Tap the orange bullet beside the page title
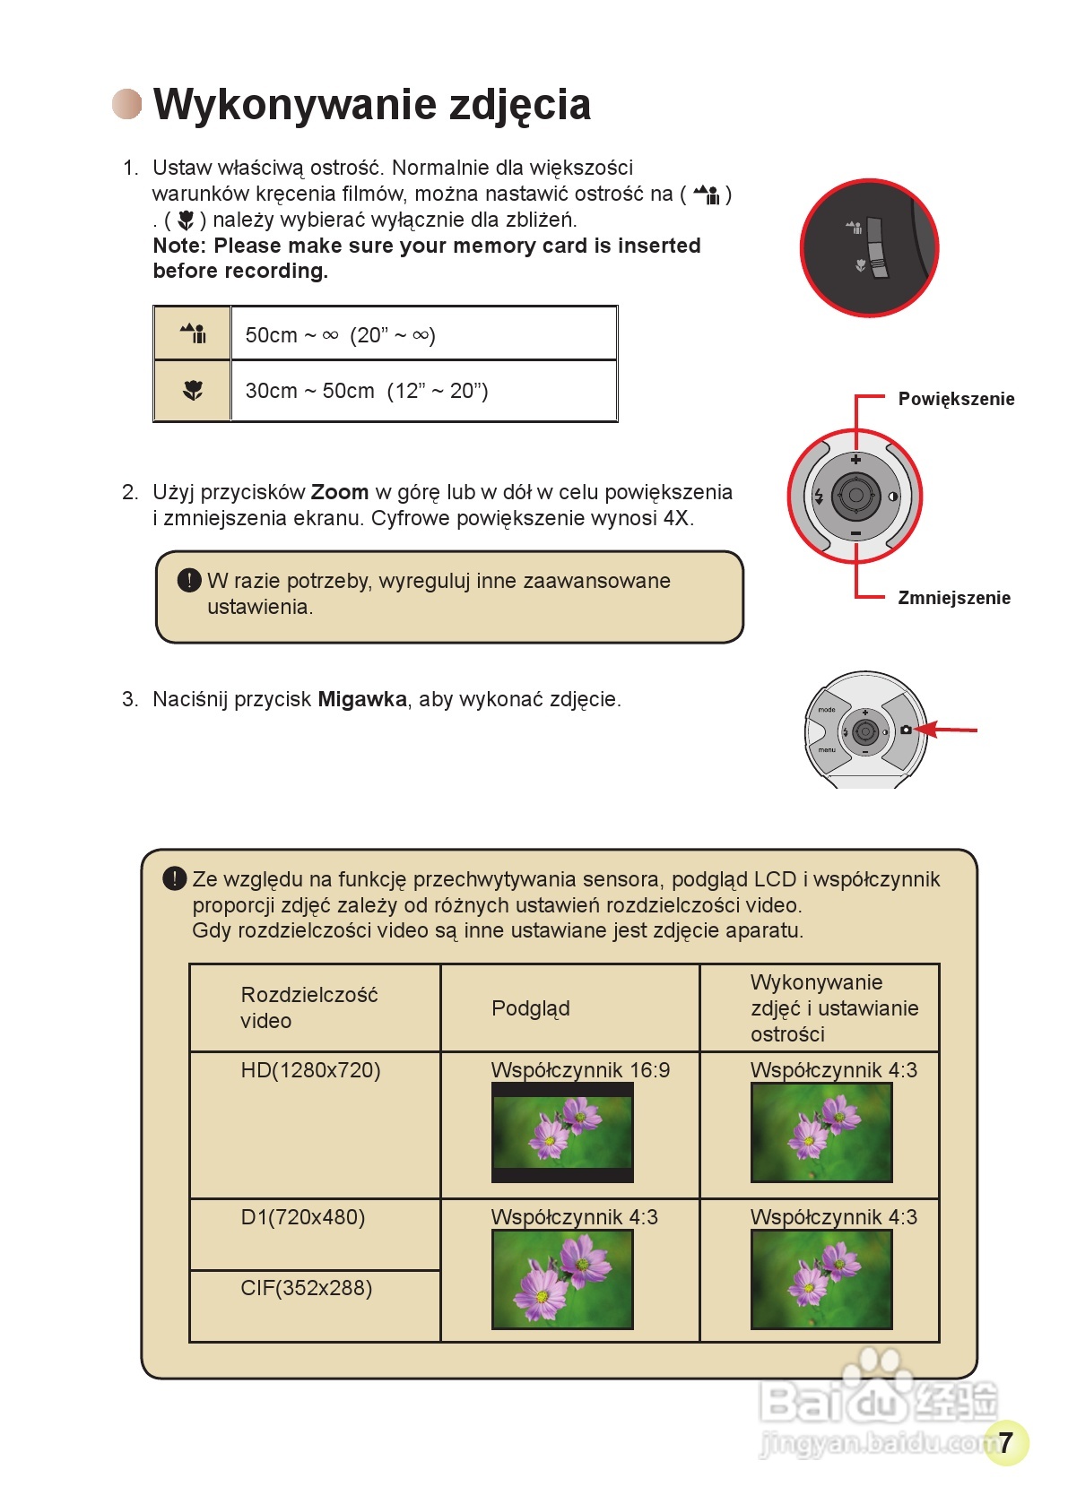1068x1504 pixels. click(127, 104)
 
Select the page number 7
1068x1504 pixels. click(1005, 1441)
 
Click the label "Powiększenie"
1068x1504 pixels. click(956, 399)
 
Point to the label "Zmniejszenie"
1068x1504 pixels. click(954, 598)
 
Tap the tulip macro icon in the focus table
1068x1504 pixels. click(193, 391)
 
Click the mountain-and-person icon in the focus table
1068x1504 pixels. click(193, 333)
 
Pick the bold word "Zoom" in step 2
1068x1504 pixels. click(340, 492)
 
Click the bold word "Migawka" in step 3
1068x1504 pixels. click(362, 699)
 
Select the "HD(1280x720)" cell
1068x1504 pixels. click(310, 1070)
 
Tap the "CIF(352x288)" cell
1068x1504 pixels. click(306, 1288)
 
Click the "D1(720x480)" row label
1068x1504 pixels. click(302, 1217)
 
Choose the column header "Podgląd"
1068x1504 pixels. click(530, 1008)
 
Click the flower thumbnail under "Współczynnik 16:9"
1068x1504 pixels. click(562, 1132)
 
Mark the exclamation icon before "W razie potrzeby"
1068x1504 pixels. click(189, 581)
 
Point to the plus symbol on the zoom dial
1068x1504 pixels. click(855, 459)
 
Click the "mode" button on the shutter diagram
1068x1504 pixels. click(826, 710)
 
